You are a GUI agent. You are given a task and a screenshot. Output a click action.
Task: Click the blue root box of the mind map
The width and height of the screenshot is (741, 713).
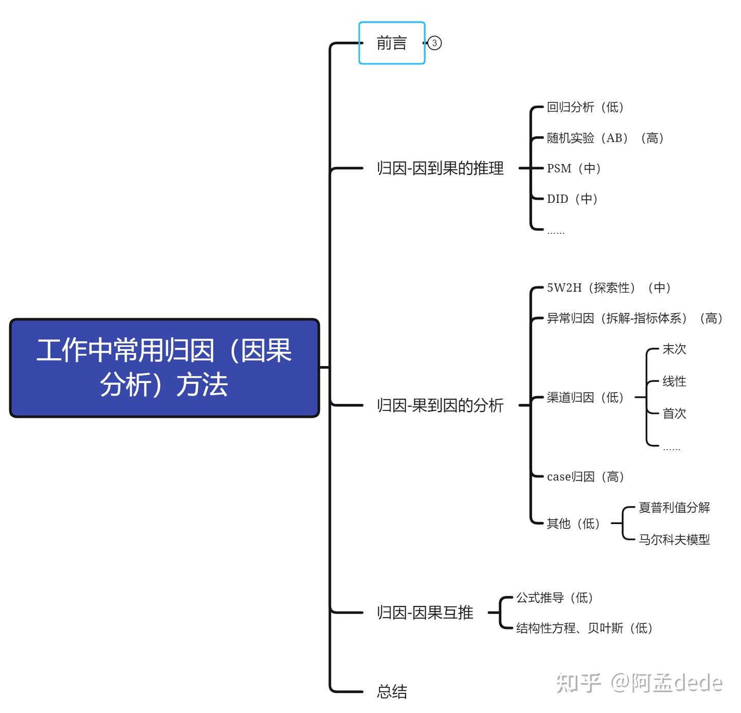pyautogui.click(x=165, y=368)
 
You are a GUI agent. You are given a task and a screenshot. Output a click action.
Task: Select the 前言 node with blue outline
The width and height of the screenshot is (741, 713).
pyautogui.click(x=392, y=43)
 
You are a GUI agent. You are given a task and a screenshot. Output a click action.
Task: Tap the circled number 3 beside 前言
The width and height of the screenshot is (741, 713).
pyautogui.click(x=434, y=43)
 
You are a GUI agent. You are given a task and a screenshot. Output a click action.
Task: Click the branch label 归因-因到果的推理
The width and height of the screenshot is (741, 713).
pyautogui.click(x=440, y=168)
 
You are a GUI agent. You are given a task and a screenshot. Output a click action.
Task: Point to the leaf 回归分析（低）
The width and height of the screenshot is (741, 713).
pyautogui.click(x=585, y=107)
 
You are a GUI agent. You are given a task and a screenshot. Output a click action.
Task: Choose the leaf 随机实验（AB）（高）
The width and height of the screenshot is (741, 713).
pyautogui.click(x=605, y=138)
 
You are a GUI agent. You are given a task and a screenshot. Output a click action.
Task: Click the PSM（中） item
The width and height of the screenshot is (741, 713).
pyautogui.click(x=574, y=168)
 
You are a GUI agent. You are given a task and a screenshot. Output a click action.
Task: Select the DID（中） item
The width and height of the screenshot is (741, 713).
pyautogui.click(x=572, y=199)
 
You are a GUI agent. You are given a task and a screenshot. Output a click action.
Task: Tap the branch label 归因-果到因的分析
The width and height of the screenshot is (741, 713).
pyautogui.click(x=440, y=405)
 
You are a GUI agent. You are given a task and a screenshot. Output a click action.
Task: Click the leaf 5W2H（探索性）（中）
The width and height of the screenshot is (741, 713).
pyautogui.click(x=609, y=288)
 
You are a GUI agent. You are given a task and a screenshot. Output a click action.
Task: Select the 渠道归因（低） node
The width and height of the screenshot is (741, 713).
pyautogui.click(x=585, y=397)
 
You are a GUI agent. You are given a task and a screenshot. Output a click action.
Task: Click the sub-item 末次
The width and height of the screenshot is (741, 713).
pyautogui.click(x=674, y=350)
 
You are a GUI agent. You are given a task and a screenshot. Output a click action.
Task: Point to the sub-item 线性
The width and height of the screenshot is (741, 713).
pyautogui.click(x=674, y=381)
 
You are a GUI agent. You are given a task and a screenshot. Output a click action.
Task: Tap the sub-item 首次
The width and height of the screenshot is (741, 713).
pyautogui.click(x=674, y=413)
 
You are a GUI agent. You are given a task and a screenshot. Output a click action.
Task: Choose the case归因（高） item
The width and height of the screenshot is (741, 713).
pyautogui.click(x=586, y=477)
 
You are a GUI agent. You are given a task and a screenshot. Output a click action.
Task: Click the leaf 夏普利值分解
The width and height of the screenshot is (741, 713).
pyautogui.click(x=674, y=508)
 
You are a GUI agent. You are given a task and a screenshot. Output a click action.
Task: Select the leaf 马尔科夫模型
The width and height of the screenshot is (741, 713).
pyautogui.click(x=674, y=540)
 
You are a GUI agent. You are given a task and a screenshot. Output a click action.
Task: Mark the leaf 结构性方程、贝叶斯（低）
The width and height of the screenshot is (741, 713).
pyautogui.click(x=585, y=628)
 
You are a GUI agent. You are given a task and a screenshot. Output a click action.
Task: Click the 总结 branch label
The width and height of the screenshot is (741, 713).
pyautogui.click(x=392, y=691)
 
